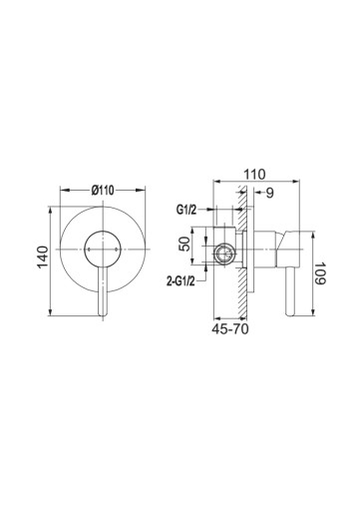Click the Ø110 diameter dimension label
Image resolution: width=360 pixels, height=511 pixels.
coord(103,191)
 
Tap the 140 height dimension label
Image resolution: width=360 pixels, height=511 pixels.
coord(43,256)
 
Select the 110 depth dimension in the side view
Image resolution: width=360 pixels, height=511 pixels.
coord(255,175)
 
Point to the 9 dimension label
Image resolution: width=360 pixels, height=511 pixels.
coord(270,193)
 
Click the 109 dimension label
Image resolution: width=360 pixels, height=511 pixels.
coord(320,273)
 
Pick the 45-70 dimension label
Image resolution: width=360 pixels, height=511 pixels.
coord(230,329)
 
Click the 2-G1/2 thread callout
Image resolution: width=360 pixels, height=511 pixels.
coord(180,282)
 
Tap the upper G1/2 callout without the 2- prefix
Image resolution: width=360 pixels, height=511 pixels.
coord(186,210)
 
